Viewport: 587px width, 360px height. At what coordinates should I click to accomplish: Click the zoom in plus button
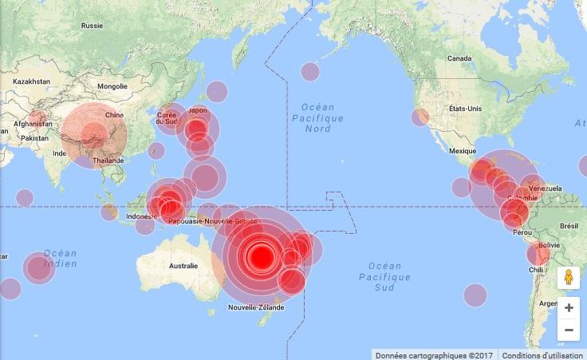click(569, 307)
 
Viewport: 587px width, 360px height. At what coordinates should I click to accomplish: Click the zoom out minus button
click(569, 330)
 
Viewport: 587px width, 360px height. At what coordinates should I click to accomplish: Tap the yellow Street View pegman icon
click(569, 277)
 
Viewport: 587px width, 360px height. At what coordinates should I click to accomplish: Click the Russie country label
click(93, 26)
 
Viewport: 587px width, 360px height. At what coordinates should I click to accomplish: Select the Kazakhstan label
click(31, 81)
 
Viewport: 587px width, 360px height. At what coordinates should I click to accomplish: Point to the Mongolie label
click(112, 86)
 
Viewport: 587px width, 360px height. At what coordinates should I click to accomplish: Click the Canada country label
click(459, 58)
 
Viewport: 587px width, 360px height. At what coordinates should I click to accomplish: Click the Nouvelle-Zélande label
click(256, 307)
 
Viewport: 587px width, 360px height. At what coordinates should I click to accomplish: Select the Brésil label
click(569, 226)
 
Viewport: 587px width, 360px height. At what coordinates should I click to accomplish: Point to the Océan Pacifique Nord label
click(317, 118)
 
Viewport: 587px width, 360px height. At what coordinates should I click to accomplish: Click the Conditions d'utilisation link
click(542, 354)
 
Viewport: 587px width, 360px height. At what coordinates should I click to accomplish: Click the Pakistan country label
click(34, 138)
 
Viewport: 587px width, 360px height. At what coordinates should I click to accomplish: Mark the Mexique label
click(463, 150)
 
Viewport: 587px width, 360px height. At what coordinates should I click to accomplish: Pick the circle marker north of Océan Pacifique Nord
click(309, 71)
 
